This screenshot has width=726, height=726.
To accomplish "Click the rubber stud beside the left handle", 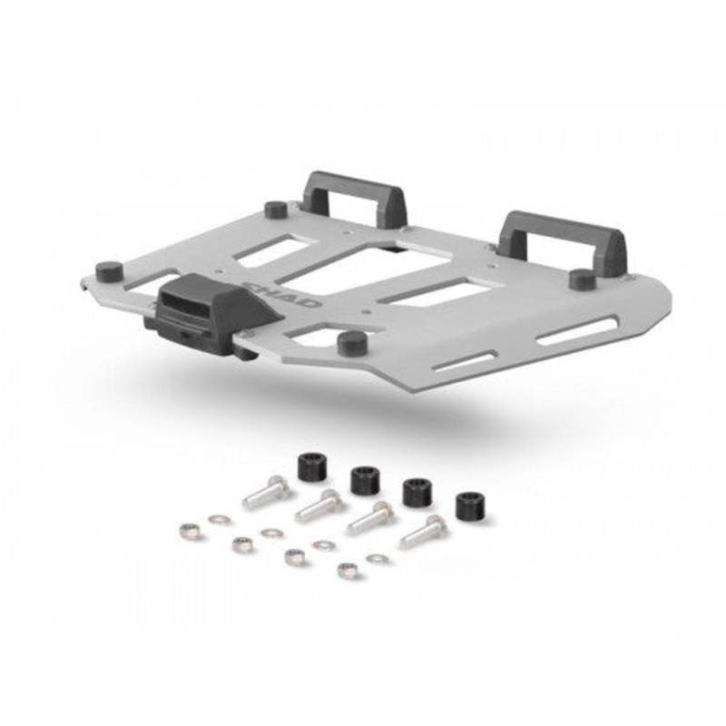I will click(277, 210).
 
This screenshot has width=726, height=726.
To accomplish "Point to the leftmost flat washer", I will click(218, 520).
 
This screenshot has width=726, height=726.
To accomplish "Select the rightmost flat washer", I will click(378, 558).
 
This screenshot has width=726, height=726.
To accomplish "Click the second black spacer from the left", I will click(365, 478).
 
